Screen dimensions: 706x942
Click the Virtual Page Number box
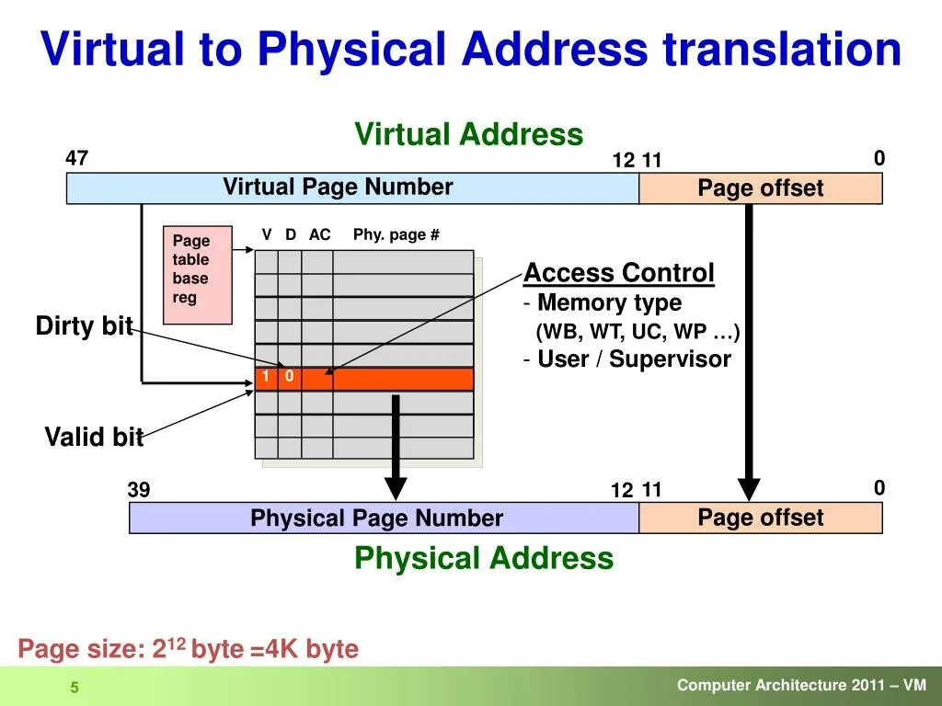coord(352,188)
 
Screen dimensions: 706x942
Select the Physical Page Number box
coord(384,518)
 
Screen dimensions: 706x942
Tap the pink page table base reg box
coord(197,274)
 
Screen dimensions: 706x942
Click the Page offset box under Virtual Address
coord(760,188)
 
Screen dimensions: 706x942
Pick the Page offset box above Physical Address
coord(760,518)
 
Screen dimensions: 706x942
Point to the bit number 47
coord(76,158)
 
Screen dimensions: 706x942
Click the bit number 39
coord(139,490)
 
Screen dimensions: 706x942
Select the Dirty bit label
coord(84,325)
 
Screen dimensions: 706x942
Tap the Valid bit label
coord(94,437)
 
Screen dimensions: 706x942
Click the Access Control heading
coord(619,273)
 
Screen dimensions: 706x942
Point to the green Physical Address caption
coord(484,558)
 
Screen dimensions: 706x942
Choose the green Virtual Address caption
coord(469,134)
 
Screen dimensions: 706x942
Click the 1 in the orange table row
coord(265,377)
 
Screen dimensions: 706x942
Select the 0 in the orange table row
coord(289,377)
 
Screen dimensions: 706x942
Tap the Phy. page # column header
coord(396,234)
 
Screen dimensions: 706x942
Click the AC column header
coord(319,234)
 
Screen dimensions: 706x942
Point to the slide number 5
coord(75,689)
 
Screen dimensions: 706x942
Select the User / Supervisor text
coord(634,359)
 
